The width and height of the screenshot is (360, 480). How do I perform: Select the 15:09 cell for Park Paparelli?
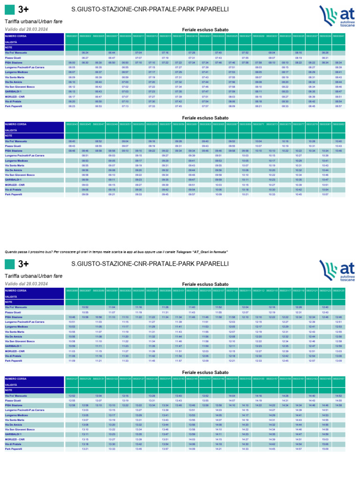(x=338, y=449)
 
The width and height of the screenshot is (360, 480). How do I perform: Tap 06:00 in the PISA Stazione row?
(x=72, y=62)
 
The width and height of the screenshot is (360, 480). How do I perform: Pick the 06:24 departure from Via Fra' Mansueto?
(x=85, y=53)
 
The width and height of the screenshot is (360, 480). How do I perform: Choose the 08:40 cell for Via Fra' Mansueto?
(x=72, y=141)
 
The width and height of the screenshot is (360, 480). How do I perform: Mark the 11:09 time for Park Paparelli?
(x=72, y=360)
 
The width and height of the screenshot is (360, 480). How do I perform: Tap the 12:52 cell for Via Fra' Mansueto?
(x=72, y=396)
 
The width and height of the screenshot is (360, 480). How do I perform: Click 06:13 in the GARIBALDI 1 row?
(x=72, y=92)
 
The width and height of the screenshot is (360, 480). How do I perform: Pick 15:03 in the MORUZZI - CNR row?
(x=338, y=439)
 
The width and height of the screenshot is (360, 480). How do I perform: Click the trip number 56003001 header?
(x=72, y=36)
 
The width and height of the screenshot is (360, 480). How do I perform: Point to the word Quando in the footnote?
(x=10, y=252)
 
